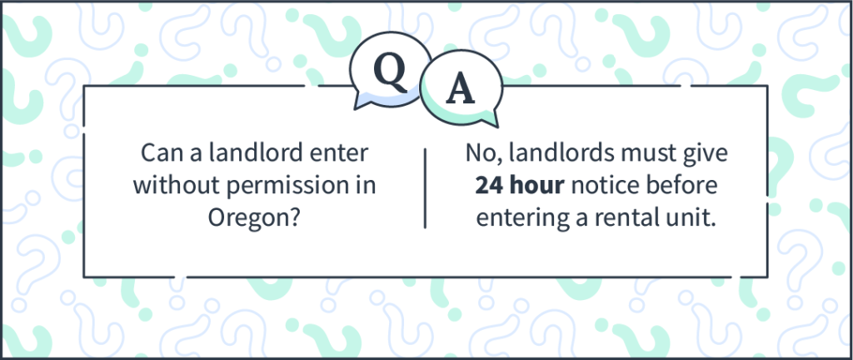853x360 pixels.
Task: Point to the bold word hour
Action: pyautogui.click(x=538, y=185)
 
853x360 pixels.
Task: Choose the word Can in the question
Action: pyautogui.click(x=161, y=153)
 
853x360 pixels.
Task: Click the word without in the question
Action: pyautogui.click(x=177, y=185)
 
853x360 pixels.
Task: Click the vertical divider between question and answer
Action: pyautogui.click(x=425, y=188)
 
